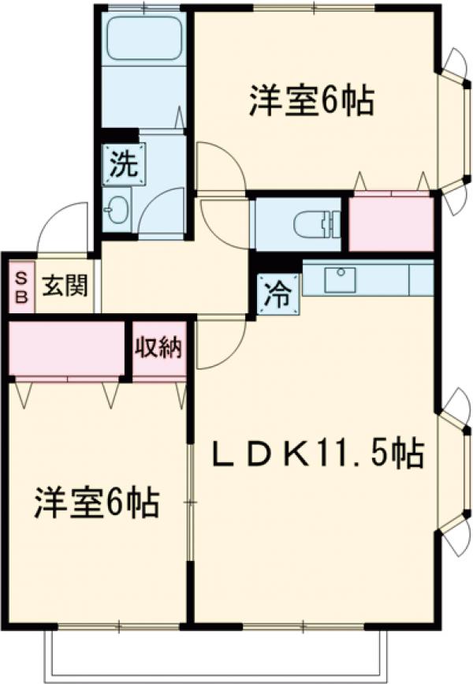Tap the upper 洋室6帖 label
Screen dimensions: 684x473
311,101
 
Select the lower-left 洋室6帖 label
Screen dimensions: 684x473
96,503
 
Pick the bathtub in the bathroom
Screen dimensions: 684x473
143,39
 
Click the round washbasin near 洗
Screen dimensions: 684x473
118,210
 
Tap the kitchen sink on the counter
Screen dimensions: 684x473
340,278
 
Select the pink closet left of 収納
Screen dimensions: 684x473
68,348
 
